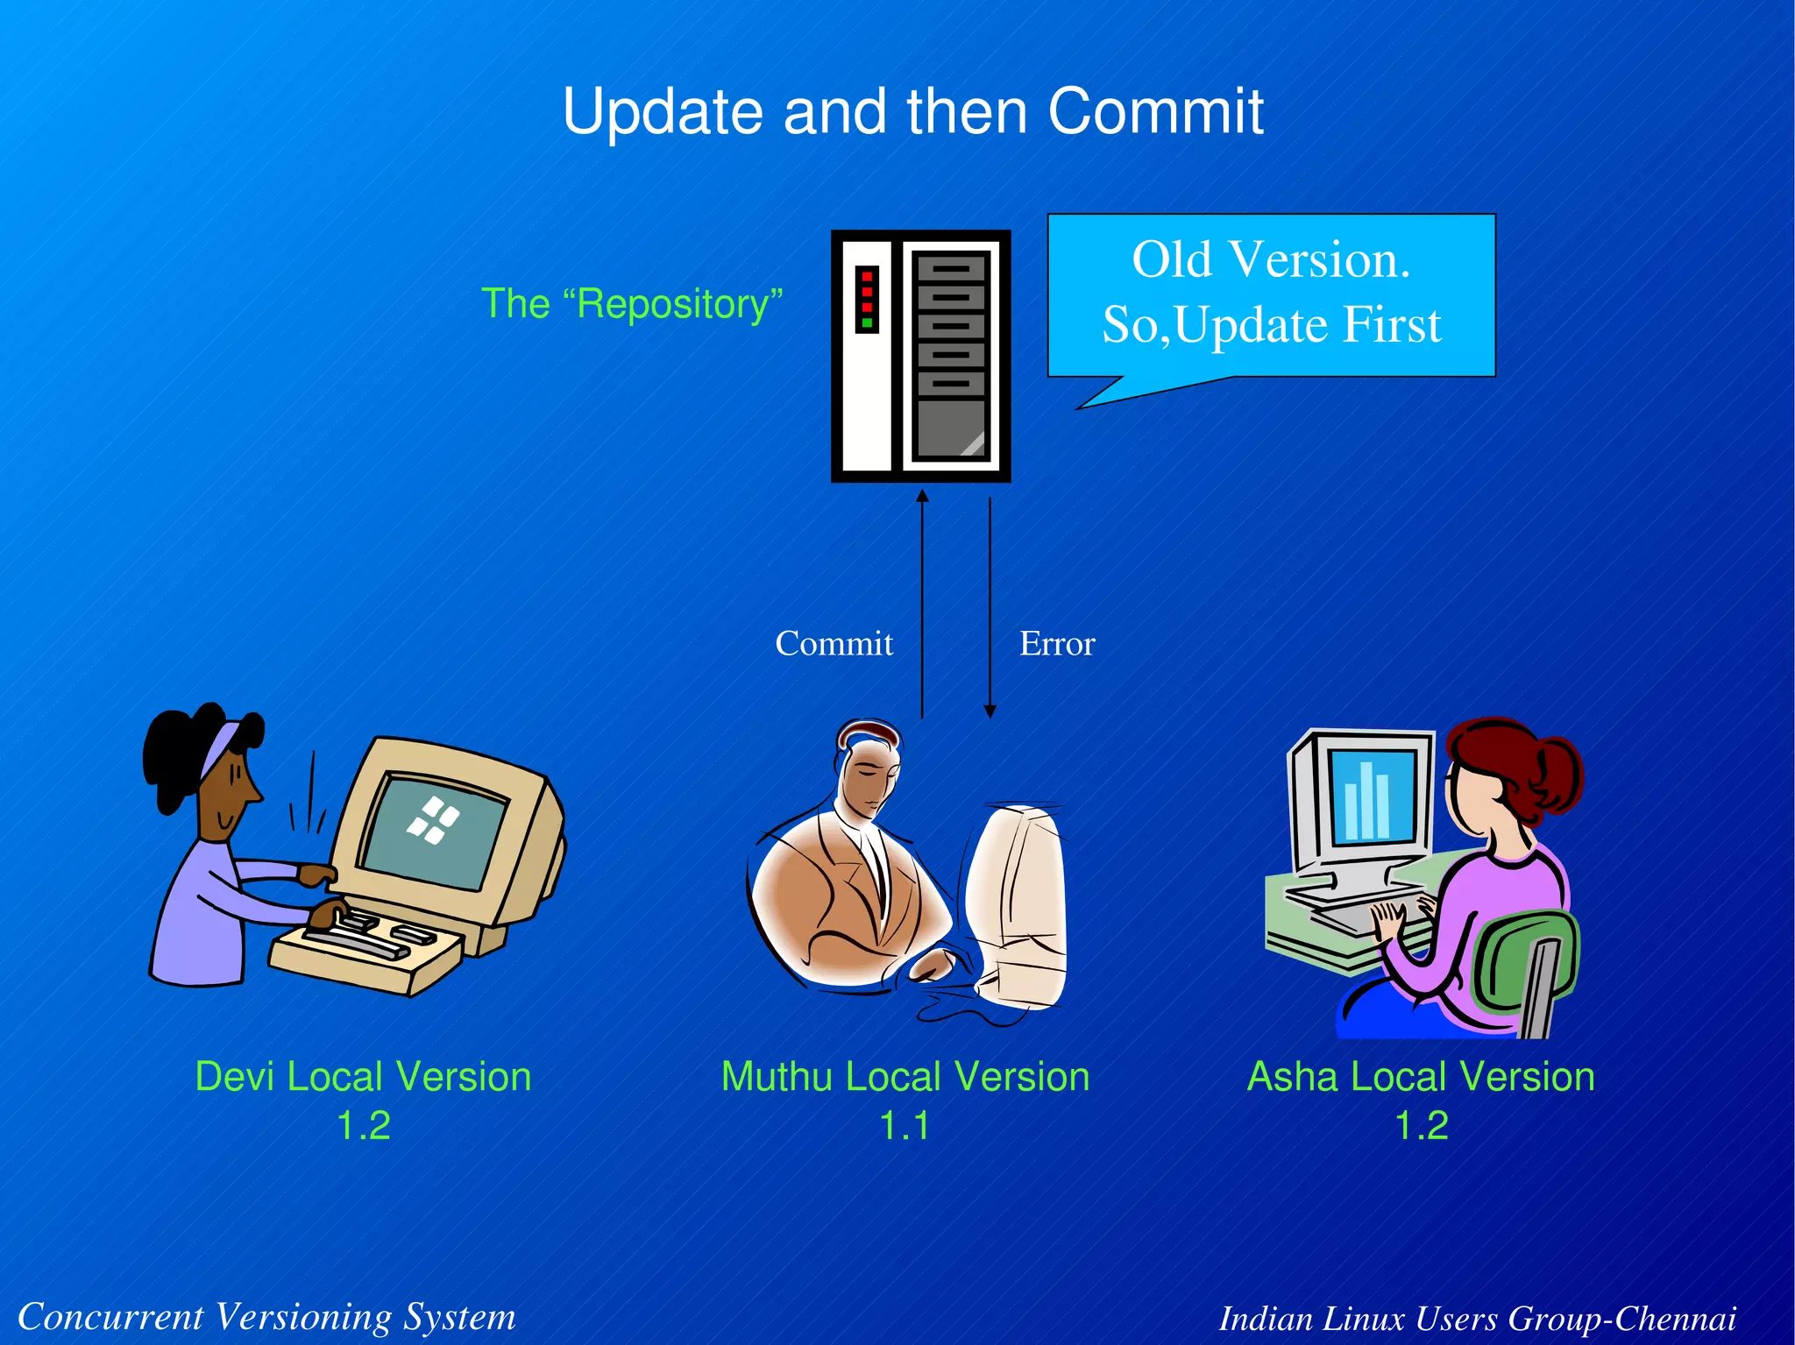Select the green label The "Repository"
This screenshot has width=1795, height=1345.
click(631, 304)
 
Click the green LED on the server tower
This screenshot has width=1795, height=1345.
click(867, 323)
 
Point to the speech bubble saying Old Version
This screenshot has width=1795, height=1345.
click(1271, 294)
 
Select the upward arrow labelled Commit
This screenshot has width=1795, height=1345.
click(922, 605)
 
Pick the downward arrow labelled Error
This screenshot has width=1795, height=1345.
click(990, 605)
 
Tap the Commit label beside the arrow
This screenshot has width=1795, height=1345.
click(834, 644)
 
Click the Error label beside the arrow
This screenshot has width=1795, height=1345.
click(1056, 644)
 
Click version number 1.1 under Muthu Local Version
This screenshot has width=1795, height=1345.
click(904, 1126)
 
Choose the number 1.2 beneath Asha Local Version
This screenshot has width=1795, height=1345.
click(1421, 1126)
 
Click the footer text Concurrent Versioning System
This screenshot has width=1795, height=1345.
click(266, 1317)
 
